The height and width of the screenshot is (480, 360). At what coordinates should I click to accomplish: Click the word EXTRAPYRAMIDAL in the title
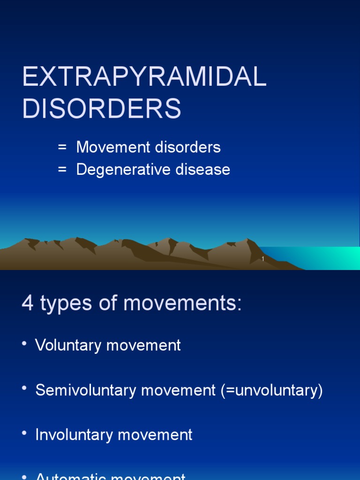(x=144, y=78)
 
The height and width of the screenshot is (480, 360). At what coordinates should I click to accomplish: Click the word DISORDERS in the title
(x=102, y=109)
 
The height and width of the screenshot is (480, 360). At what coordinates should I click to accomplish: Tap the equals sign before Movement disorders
(x=62, y=148)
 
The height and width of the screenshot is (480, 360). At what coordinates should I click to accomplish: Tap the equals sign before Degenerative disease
(x=62, y=170)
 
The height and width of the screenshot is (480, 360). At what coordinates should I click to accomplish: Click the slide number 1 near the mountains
(x=263, y=259)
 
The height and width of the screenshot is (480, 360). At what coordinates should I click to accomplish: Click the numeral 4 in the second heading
(x=28, y=304)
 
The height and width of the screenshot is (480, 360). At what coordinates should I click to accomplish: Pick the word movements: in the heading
(x=182, y=304)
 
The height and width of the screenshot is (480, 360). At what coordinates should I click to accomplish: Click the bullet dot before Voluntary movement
(x=24, y=344)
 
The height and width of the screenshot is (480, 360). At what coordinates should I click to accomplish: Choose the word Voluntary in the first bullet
(x=69, y=345)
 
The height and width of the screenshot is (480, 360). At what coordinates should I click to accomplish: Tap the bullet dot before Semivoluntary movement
(x=24, y=389)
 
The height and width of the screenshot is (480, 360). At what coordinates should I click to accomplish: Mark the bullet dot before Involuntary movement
(x=24, y=434)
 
